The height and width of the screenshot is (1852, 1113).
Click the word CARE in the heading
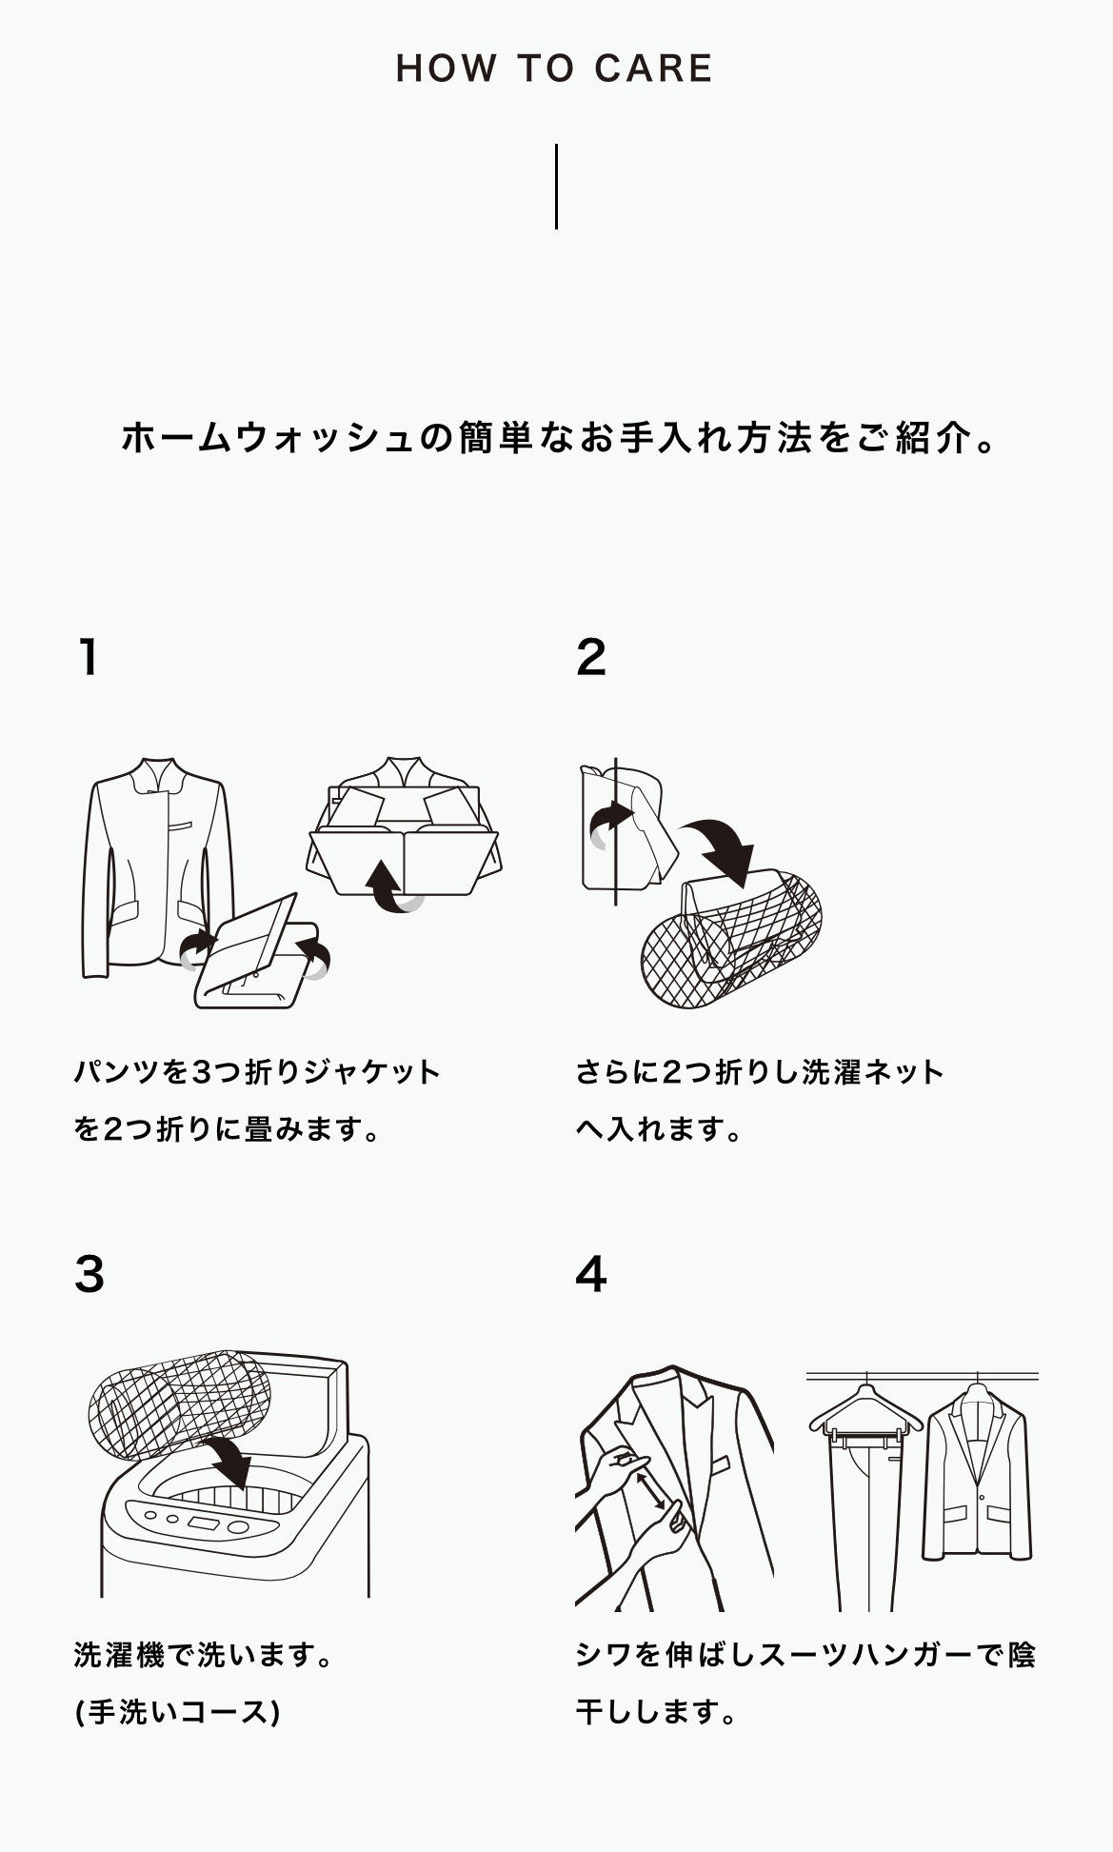click(653, 69)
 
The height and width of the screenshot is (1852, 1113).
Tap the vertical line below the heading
click(556, 187)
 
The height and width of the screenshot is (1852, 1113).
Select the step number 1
click(89, 657)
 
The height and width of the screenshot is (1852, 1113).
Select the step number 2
click(591, 657)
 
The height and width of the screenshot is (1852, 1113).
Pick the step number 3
click(89, 1274)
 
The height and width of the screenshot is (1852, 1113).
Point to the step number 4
click(591, 1274)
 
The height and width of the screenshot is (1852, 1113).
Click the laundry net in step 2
click(731, 938)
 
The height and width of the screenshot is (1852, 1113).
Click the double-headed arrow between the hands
click(652, 1491)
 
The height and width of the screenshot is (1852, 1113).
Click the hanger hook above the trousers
click(866, 1381)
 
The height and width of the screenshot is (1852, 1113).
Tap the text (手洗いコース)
click(177, 1713)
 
